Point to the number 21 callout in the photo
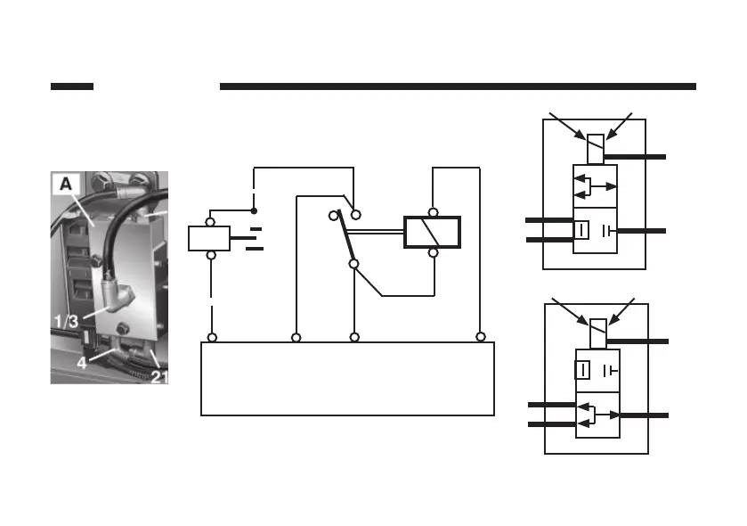159,375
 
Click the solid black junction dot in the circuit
254,211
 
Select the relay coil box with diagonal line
433,233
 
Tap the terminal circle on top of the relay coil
433,213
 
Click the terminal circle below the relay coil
433,252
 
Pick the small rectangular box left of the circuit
209,238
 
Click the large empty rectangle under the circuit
347,379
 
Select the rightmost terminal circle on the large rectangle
480,337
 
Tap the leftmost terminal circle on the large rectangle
211,337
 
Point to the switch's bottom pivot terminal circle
353,264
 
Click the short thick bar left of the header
72,86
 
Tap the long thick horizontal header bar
457,86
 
